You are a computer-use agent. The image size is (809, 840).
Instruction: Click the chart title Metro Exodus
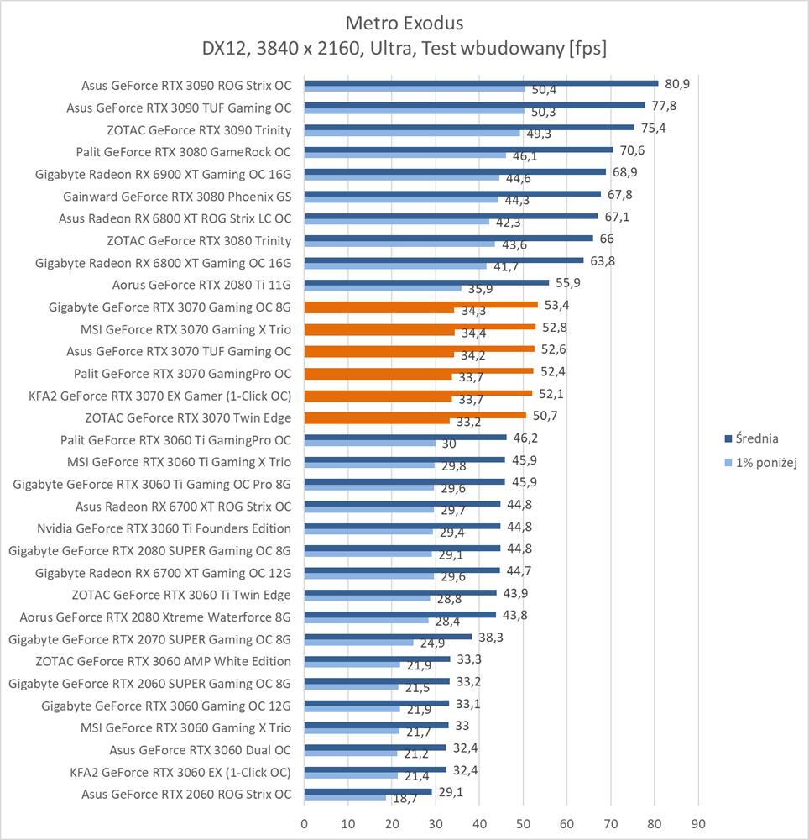pyautogui.click(x=404, y=21)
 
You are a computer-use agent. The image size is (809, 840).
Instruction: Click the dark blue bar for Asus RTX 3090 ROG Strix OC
pyautogui.click(x=481, y=83)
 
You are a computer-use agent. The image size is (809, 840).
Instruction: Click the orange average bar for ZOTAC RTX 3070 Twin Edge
pyautogui.click(x=415, y=414)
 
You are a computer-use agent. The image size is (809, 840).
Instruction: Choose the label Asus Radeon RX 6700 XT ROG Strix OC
pyautogui.click(x=183, y=507)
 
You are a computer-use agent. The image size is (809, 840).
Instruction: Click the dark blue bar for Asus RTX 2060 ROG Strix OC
pyautogui.click(x=368, y=791)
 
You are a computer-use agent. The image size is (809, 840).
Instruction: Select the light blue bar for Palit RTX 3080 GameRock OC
pyautogui.click(x=404, y=155)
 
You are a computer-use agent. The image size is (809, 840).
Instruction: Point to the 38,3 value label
pyautogui.click(x=491, y=637)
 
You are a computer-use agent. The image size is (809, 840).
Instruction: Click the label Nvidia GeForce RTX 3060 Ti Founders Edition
pyautogui.click(x=164, y=528)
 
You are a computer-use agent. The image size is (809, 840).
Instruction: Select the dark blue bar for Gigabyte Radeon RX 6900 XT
pyautogui.click(x=455, y=171)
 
